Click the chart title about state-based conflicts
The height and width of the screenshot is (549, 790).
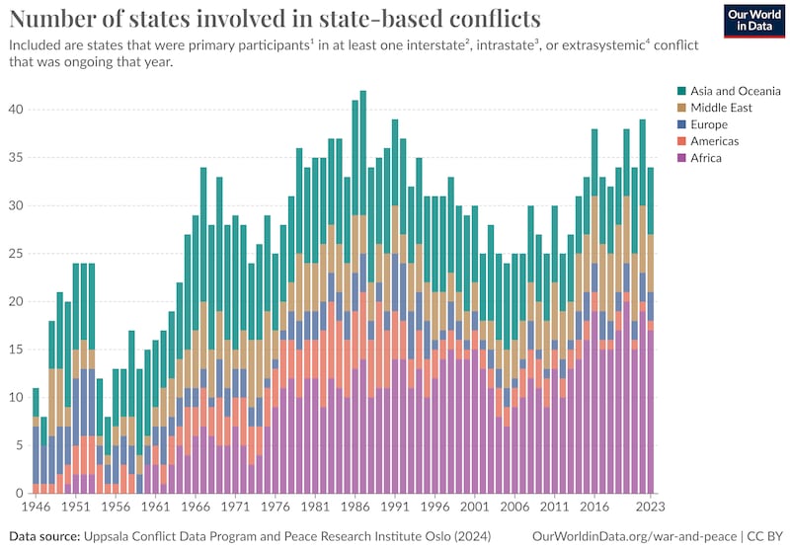click(x=276, y=19)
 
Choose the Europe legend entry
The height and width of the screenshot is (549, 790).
click(x=702, y=124)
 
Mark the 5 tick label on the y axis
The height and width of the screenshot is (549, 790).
click(x=19, y=446)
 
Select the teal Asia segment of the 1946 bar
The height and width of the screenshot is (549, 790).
click(x=36, y=402)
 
